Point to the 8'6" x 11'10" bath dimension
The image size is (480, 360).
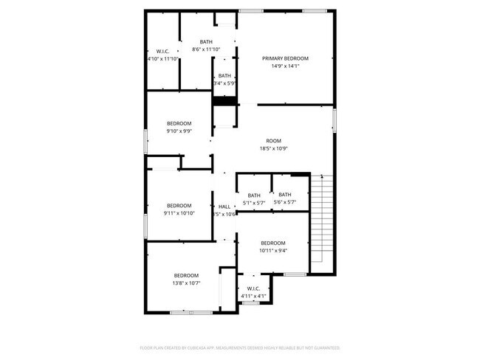pos(207,49)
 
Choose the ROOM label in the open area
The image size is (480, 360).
pos(273,140)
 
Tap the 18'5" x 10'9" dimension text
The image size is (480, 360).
pos(273,148)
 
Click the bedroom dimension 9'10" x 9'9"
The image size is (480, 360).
pos(179,131)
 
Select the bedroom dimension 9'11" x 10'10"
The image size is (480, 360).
pos(179,213)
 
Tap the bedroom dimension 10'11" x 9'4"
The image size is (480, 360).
pos(273,251)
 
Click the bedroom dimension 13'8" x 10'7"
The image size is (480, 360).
pos(186,283)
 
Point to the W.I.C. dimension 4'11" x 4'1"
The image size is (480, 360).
pos(253,297)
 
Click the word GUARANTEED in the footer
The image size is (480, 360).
pos(324,347)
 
